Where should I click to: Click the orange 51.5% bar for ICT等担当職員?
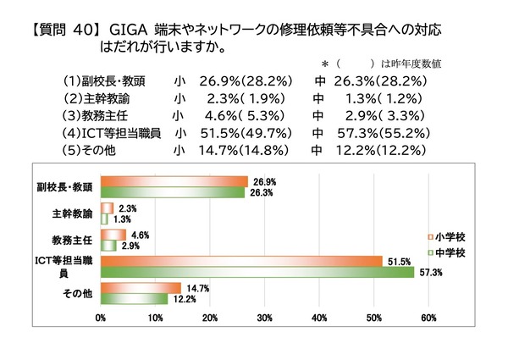(x=241, y=261)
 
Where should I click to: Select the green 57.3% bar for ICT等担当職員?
(x=257, y=272)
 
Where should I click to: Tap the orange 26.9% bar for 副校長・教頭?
(x=174, y=180)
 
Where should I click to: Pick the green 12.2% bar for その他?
(x=134, y=299)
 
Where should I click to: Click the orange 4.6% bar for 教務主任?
(x=113, y=234)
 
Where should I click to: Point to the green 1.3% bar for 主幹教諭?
(x=104, y=219)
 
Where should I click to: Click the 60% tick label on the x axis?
(x=428, y=318)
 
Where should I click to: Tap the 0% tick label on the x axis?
(x=101, y=318)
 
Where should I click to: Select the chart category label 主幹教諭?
(x=75, y=213)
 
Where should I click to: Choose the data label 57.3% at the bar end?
(x=428, y=272)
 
